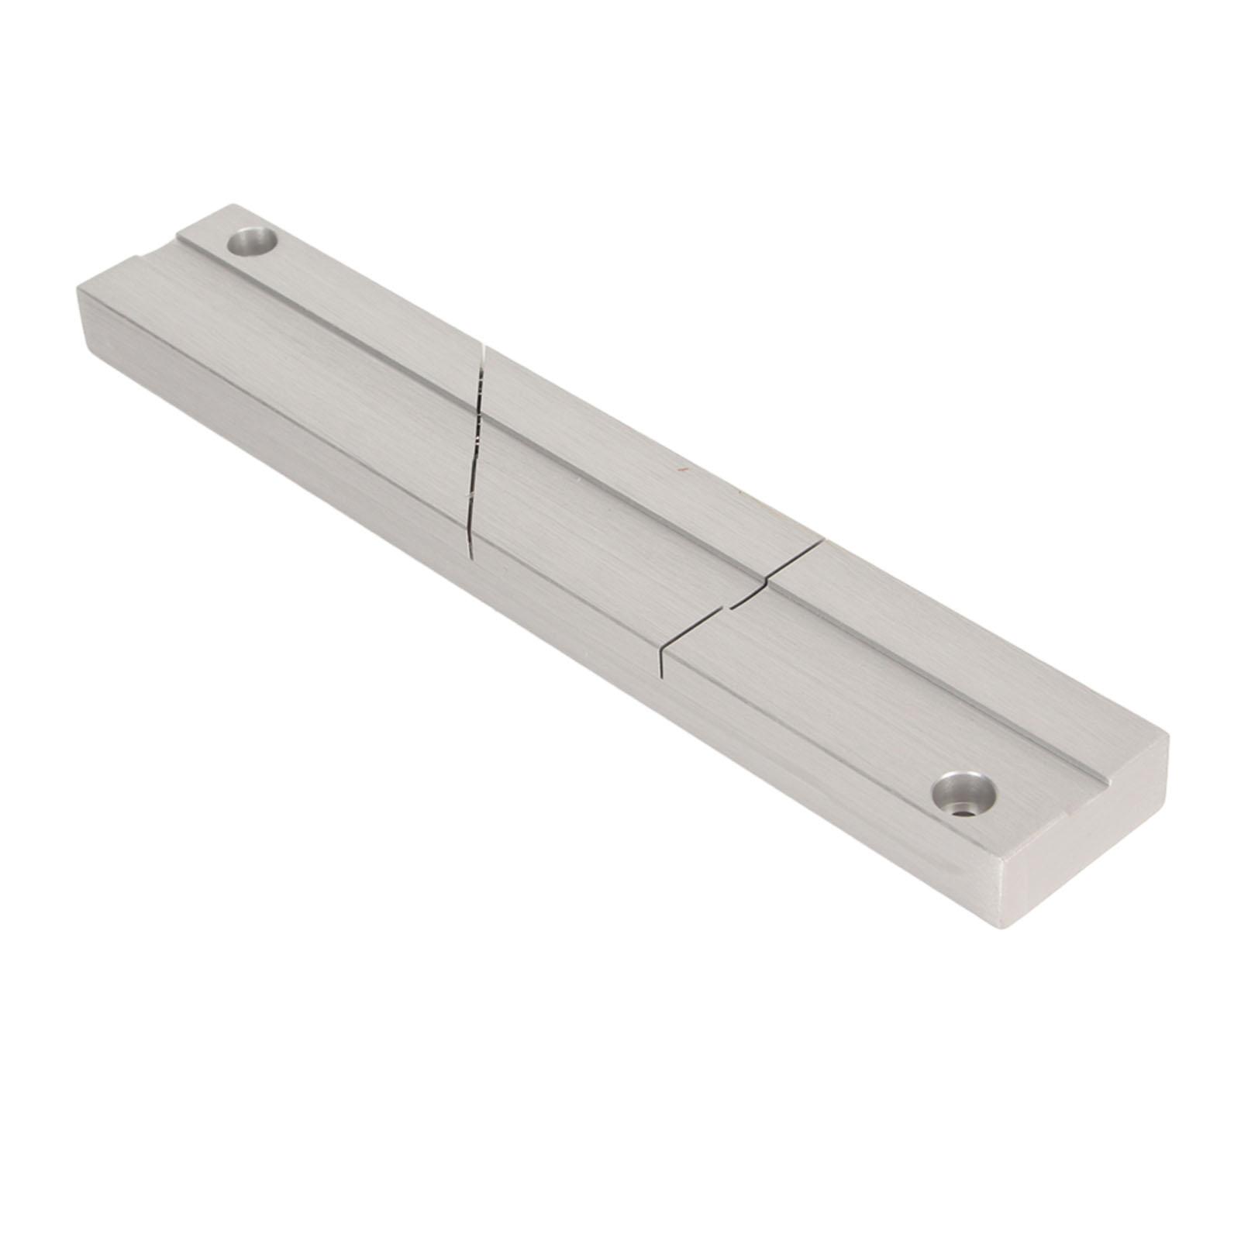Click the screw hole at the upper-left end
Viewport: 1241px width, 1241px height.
253,243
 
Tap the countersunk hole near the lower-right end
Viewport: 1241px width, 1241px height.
964,791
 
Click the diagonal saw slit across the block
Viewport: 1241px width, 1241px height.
476,450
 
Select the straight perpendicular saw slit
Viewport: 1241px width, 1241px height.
744,604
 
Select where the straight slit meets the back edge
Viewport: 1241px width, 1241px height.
822,542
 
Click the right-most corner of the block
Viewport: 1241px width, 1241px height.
1168,736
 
